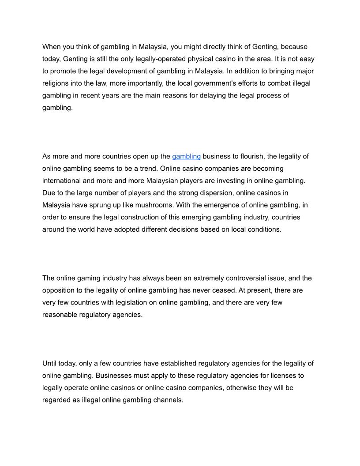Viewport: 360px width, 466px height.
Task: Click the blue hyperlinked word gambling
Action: (x=186, y=156)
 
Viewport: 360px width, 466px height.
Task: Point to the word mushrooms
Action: (x=169, y=205)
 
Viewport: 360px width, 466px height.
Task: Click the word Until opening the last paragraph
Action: (x=50, y=364)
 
